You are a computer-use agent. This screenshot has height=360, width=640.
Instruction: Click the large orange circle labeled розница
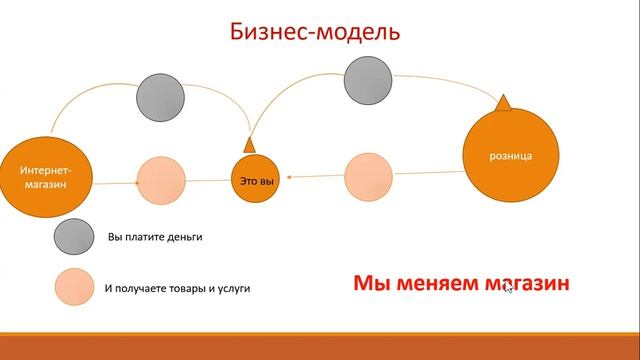click(510, 156)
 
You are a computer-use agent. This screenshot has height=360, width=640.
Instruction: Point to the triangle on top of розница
click(505, 101)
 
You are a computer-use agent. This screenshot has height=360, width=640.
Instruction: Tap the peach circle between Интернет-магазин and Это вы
click(161, 181)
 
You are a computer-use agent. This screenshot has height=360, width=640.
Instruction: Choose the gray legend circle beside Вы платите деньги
click(76, 238)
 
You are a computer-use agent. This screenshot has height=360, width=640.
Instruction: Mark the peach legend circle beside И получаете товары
click(76, 288)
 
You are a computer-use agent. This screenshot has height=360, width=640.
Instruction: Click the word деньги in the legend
click(184, 238)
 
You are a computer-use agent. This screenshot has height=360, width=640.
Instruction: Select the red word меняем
click(429, 284)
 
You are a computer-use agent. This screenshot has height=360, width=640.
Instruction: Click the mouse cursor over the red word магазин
click(509, 288)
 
